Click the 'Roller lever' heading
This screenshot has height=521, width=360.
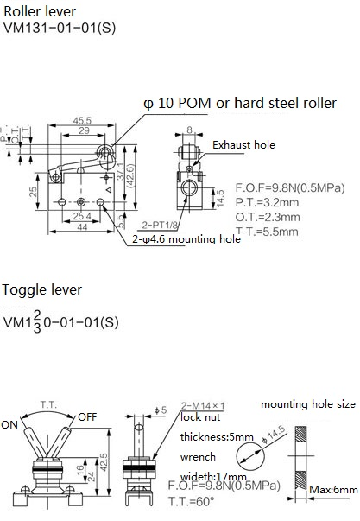pos(40,11)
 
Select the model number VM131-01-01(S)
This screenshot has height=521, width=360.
pos(60,28)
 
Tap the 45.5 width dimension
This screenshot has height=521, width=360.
pos(82,120)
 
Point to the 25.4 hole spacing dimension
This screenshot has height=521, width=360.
pos(82,216)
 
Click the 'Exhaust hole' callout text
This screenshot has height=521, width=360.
pos(243,145)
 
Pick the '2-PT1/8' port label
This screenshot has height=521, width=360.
pos(160,225)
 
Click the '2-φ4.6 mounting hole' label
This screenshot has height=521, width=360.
pos(186,239)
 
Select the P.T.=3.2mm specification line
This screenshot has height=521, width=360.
pos(267,202)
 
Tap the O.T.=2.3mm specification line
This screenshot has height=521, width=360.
pos(268,217)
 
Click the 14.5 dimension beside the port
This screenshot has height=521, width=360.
pos(220,199)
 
